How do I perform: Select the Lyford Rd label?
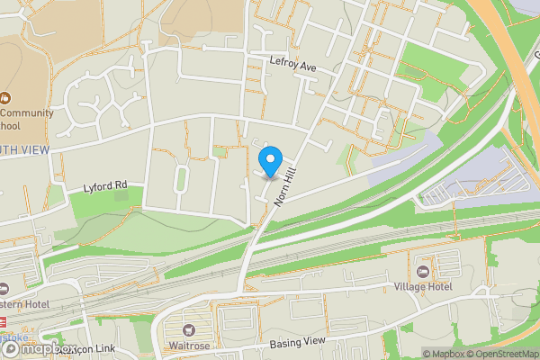pos(105,186)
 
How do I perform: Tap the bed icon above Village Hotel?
pos(423,271)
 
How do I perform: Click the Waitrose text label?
pos(189,346)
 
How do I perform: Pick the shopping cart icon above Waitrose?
pos(189,331)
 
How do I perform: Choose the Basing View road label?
pos(295,343)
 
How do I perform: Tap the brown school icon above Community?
pos(4,97)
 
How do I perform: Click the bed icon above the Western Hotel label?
pos(4,289)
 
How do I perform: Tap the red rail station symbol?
pos(3,321)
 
